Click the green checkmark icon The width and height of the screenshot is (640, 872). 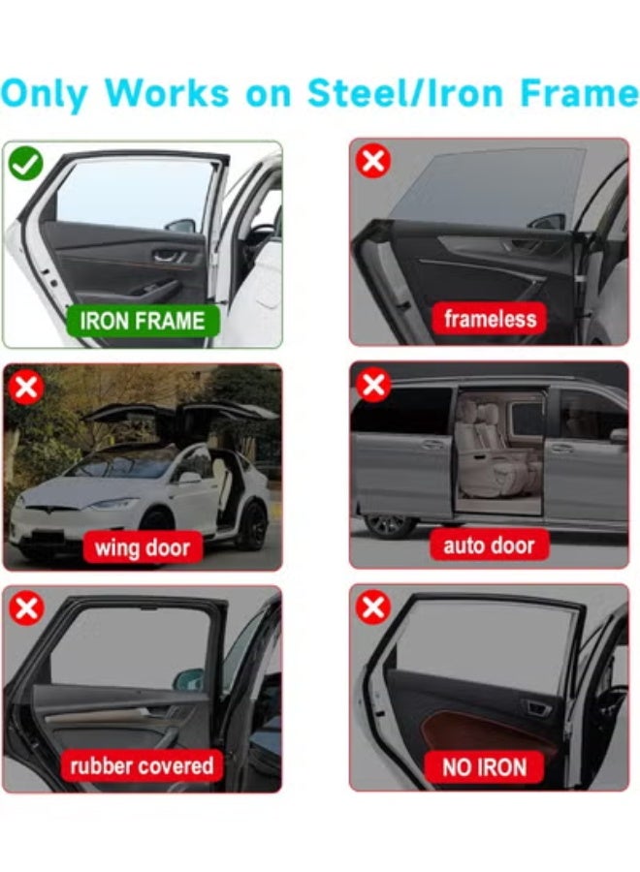tap(25, 163)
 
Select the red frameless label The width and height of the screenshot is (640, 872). tap(489, 319)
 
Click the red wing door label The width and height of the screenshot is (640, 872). tap(142, 547)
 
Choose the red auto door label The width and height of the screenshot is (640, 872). tap(489, 545)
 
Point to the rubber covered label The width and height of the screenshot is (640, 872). tap(142, 766)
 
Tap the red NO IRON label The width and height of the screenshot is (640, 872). tap(485, 767)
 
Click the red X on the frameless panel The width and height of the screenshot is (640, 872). tap(372, 161)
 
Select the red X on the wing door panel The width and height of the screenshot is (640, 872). tap(25, 388)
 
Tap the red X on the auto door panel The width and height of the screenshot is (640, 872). tap(372, 386)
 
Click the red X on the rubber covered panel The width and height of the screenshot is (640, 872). tap(25, 608)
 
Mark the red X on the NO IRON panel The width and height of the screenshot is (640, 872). tap(372, 607)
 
